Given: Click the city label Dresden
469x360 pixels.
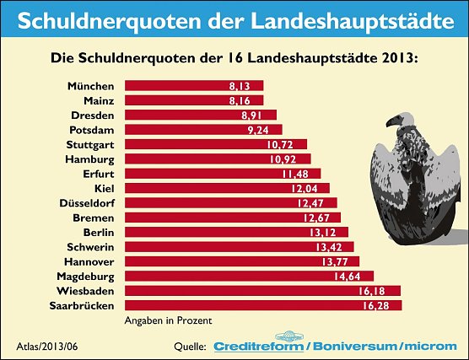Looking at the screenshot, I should [94, 115].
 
